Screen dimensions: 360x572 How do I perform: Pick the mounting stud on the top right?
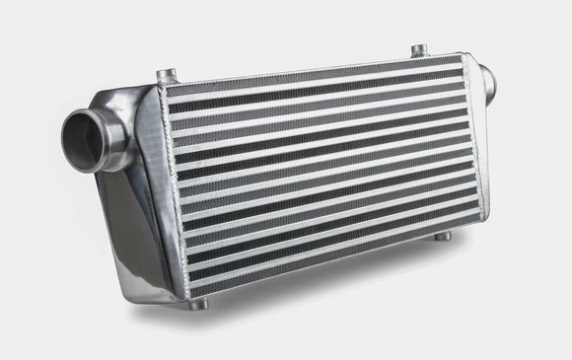pyautogui.click(x=418, y=49)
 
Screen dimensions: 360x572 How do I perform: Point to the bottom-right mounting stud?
pyautogui.click(x=443, y=236)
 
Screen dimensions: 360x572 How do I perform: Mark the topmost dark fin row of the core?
pyautogui.click(x=316, y=79)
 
